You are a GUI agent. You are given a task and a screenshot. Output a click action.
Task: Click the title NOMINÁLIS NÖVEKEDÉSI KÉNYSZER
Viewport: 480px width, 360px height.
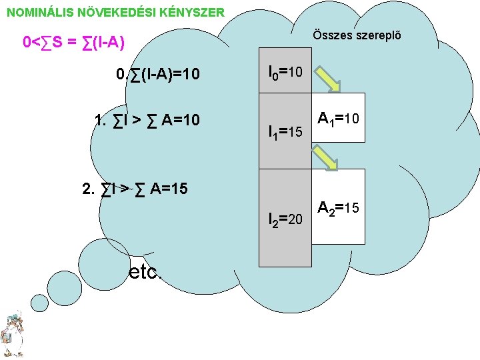coord(115,12)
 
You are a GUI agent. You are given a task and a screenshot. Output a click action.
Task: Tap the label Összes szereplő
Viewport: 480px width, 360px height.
coord(358,35)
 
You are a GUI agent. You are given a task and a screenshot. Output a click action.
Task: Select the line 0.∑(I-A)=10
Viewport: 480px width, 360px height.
coord(157,73)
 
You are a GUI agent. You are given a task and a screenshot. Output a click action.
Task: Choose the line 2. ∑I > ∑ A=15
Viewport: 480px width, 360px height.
coord(134,188)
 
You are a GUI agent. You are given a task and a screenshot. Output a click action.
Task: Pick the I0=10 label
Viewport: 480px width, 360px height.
coord(285,71)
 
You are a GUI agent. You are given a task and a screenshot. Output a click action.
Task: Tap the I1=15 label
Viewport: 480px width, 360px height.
coord(285,132)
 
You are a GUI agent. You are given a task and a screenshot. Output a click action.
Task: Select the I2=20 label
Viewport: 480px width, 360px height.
coord(285,217)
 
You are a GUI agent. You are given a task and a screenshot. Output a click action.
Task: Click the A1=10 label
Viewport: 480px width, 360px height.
coord(339,119)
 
